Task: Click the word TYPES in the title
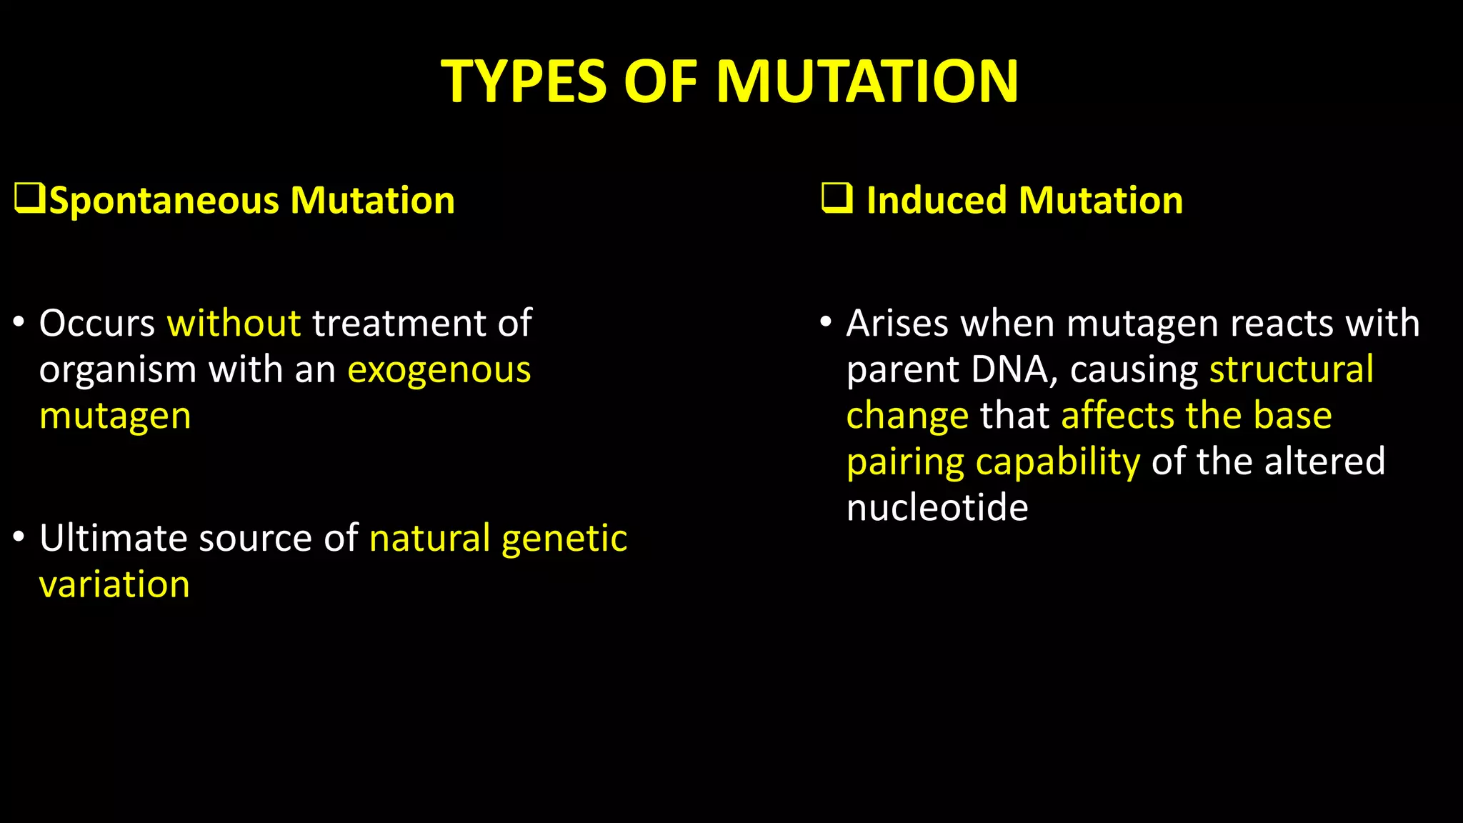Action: pos(523,81)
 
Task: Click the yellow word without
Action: pos(234,323)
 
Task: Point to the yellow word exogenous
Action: pos(439,370)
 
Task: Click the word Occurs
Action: pos(96,323)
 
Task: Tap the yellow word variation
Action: pos(114,584)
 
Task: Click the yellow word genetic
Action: pos(564,539)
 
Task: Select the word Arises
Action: pos(897,323)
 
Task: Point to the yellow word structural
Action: pos(1291,369)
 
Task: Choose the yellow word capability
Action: pos(1058,463)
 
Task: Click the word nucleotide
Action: pos(937,508)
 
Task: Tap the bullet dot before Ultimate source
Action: pos(19,537)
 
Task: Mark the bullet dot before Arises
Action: pos(826,321)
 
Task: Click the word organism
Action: pos(117,371)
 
